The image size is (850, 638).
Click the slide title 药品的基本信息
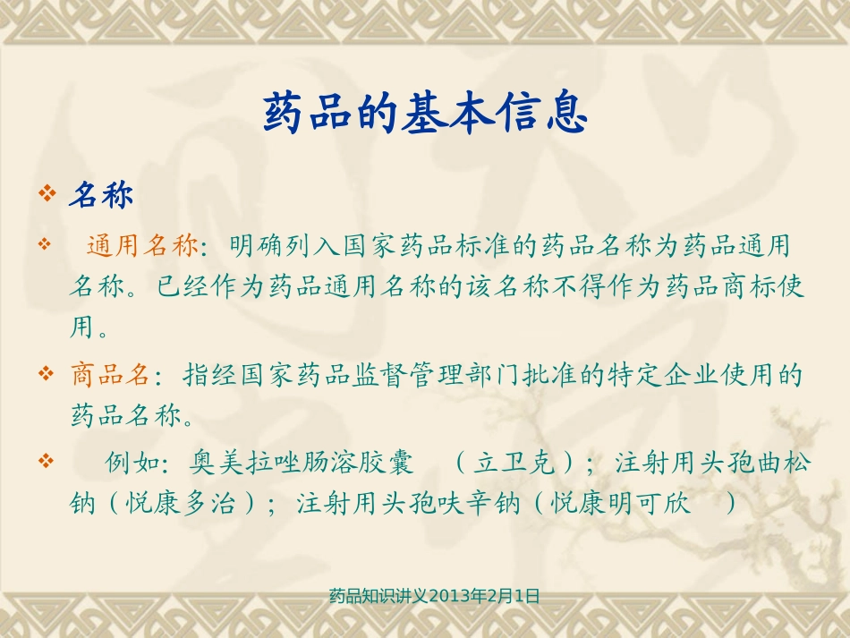tap(425, 115)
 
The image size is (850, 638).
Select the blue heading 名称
tap(100, 195)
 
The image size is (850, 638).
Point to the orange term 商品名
tap(110, 374)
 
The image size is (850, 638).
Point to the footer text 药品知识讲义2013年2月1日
tap(435, 596)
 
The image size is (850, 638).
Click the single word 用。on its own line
tap(89, 328)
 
